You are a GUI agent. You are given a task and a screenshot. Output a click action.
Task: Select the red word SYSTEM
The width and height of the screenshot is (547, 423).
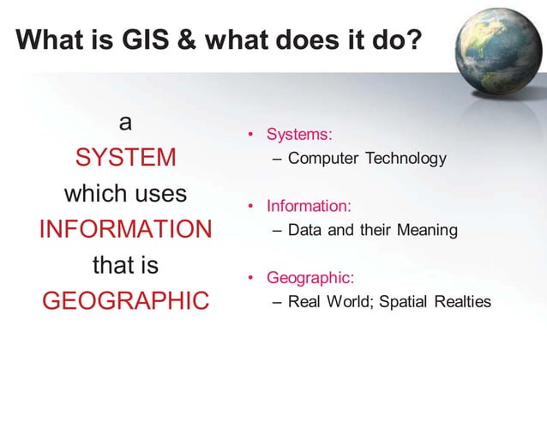tap(125, 159)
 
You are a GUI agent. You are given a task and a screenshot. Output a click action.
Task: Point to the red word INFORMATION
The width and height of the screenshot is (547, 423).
tap(125, 230)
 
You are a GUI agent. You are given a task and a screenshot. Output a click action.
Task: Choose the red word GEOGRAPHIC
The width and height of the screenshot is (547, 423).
tap(125, 301)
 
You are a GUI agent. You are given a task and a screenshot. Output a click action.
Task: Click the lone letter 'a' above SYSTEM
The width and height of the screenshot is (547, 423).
tap(125, 124)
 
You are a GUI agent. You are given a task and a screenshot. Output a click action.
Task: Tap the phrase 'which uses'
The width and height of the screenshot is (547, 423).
tap(125, 194)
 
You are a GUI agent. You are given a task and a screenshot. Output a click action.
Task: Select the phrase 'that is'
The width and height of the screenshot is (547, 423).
tap(125, 265)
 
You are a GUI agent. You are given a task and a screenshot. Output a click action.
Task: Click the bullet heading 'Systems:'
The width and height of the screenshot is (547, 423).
tap(299, 135)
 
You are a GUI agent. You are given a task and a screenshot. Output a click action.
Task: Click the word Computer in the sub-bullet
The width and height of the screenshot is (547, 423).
tap(322, 159)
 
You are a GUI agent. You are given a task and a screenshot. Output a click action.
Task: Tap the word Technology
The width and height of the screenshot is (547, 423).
tap(406, 159)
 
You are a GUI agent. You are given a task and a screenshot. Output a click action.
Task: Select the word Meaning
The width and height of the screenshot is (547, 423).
tap(427, 230)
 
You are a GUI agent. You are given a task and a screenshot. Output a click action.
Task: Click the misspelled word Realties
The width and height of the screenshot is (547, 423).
tap(463, 302)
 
